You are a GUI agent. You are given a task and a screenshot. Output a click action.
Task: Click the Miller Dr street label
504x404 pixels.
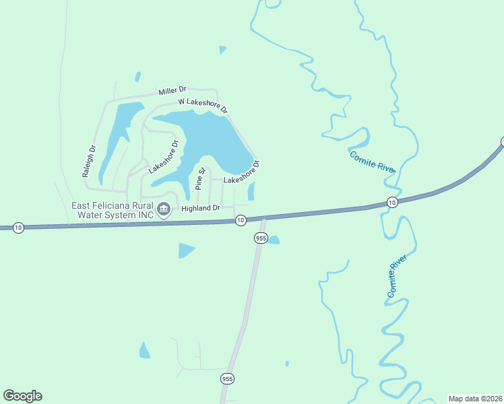pos(172,91)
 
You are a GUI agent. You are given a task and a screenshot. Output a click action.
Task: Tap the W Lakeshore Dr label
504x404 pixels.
pos(203,106)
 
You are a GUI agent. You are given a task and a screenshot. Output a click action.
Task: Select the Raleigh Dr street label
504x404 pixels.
pos(90,161)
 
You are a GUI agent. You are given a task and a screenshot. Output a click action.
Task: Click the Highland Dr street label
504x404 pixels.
pos(201,209)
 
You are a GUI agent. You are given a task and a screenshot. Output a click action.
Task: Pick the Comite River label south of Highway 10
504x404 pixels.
pos(398,277)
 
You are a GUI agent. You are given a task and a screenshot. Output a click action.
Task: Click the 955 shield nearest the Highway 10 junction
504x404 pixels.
pos(261,238)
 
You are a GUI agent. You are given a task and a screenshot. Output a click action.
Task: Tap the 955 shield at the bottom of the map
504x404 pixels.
pos(228,379)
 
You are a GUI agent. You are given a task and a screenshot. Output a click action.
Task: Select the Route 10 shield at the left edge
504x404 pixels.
pos(18,228)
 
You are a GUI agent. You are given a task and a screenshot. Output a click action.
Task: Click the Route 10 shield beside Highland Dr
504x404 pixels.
pos(240,220)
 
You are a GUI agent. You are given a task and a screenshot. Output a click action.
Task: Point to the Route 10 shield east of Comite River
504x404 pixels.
pos(392,202)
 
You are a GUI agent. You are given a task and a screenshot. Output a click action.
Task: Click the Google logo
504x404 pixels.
pos(22,396)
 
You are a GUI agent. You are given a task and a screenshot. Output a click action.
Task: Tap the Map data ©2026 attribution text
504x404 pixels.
pos(474,399)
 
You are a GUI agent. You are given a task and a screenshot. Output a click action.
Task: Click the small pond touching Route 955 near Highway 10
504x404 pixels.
pos(273,240)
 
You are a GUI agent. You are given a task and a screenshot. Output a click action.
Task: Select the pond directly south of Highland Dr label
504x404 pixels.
pos(185,250)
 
